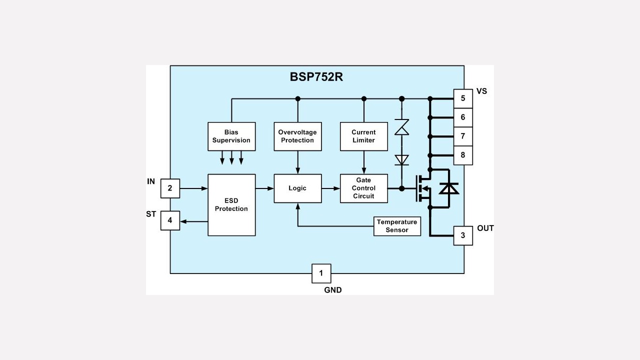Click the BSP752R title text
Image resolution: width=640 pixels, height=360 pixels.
pos(316,77)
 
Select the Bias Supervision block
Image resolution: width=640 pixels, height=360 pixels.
pos(231,136)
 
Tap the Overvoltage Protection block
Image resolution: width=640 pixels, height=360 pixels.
pos(297,136)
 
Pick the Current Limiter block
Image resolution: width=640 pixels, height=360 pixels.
pos(363,136)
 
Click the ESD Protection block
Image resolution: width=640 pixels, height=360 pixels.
pos(231,205)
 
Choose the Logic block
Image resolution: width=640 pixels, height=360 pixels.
pos(297,188)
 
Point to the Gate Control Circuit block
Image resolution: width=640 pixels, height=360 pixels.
pos(363,188)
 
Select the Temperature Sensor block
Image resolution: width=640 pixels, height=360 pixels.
pos(397,226)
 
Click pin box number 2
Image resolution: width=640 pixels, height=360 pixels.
pos(170,188)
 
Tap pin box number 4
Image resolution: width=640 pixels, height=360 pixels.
pos(170,220)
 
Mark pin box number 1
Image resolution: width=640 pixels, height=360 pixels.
pos(321,273)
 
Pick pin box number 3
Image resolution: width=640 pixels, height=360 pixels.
pos(463,235)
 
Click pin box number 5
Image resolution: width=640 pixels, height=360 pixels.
pos(463,98)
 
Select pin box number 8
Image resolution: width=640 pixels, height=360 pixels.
pos(463,155)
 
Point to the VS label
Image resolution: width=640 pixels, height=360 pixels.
pos(481,91)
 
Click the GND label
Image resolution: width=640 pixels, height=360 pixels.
pos(333,290)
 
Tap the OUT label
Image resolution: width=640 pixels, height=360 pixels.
pos(485,228)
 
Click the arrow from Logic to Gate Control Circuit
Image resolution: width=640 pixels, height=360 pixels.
pos(331,188)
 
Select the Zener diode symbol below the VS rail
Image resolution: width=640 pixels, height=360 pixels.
pos(401,127)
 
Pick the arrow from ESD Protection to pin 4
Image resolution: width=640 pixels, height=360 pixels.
pos(194,221)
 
